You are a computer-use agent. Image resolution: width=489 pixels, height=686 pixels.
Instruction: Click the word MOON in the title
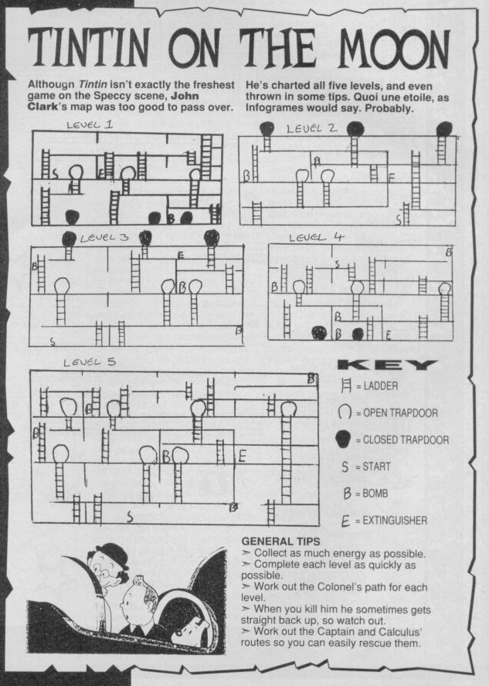(x=394, y=48)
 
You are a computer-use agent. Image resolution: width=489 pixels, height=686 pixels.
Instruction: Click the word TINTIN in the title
(x=88, y=48)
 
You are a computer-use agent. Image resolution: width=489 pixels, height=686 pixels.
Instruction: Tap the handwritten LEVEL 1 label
(x=90, y=124)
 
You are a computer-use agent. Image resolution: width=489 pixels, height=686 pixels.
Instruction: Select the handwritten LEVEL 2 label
(x=312, y=128)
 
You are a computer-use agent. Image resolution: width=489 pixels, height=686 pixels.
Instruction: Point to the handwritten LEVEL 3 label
(x=104, y=238)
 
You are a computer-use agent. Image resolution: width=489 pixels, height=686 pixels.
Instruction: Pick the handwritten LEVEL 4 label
(x=317, y=237)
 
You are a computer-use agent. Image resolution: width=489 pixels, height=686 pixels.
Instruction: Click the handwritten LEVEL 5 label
(x=90, y=362)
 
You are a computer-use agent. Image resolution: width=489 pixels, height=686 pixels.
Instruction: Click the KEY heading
(x=388, y=365)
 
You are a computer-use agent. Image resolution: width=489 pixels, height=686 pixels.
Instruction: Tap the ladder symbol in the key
(x=346, y=385)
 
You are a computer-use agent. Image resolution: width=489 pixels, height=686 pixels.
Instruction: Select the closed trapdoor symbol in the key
(x=345, y=439)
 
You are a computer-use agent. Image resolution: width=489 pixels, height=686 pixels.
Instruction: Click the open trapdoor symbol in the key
(x=345, y=412)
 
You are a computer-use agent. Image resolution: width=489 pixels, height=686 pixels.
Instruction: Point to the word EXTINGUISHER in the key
(x=395, y=521)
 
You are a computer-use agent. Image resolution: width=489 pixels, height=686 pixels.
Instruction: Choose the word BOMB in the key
(x=375, y=494)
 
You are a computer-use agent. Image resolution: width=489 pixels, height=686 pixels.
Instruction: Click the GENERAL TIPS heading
(x=280, y=542)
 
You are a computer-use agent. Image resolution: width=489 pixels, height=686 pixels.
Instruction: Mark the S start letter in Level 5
(x=130, y=517)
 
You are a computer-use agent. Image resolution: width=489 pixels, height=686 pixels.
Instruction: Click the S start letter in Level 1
(x=55, y=174)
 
